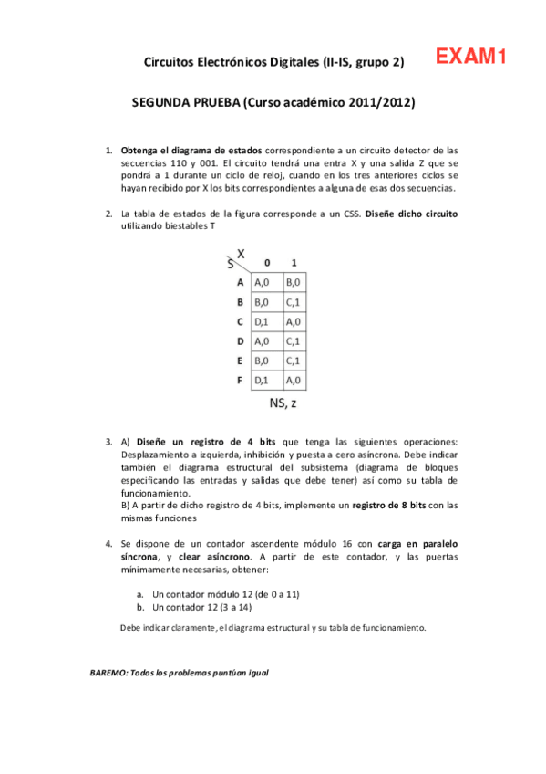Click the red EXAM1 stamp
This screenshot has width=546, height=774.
point(470,58)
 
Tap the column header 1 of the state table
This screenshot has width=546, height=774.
point(294,262)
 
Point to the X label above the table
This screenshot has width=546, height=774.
point(242,252)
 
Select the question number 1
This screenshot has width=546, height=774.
point(108,149)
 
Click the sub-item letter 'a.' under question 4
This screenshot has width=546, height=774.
point(140,593)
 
